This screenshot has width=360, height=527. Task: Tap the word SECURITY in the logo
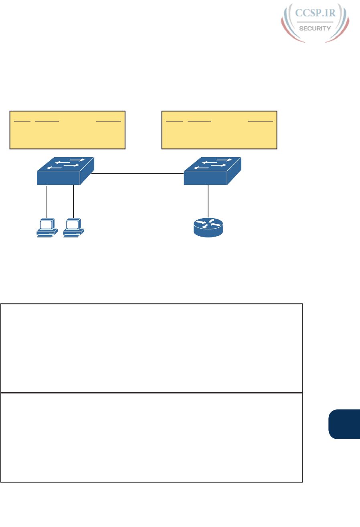coord(315,28)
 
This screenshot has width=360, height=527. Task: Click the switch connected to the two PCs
coord(64,171)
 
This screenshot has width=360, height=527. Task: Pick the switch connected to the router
coord(212,171)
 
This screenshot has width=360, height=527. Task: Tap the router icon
coord(208,227)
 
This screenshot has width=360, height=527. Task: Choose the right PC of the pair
coord(74,228)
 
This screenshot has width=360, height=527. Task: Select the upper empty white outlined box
coord(151,348)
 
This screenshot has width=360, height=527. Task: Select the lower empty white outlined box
coord(151,437)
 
